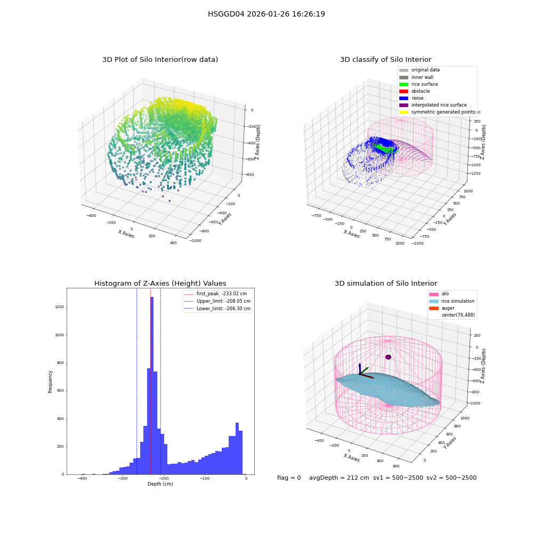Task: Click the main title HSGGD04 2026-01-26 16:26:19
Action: click(266, 14)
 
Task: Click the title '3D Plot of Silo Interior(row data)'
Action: click(160, 60)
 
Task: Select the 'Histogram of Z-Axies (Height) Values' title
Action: click(160, 283)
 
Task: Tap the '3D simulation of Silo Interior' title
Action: click(386, 283)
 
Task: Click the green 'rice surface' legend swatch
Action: click(403, 84)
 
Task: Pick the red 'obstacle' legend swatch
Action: click(403, 91)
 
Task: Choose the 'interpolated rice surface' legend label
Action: click(439, 105)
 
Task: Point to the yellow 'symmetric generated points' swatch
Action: click(403, 112)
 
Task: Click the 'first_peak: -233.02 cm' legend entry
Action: click(215, 294)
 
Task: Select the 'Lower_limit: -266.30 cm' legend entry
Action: click(217, 309)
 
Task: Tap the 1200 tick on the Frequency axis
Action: click(59, 307)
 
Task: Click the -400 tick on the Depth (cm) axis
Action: click(82, 479)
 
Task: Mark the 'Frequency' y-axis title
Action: click(50, 382)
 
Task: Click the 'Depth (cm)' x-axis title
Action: click(160, 484)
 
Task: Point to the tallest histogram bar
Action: click(151, 385)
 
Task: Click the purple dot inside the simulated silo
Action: click(388, 357)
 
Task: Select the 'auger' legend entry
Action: click(441, 308)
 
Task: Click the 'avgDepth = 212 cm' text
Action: click(339, 478)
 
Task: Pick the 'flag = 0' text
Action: click(289, 478)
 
